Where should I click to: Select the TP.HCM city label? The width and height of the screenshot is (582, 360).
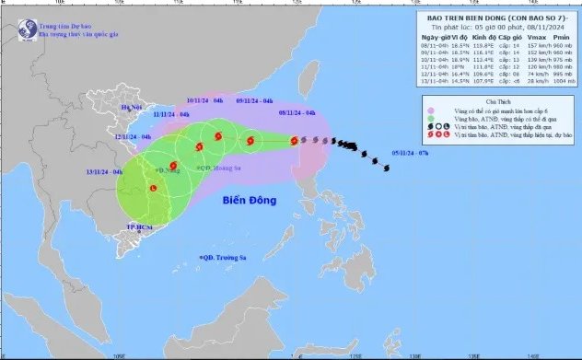click(138, 226)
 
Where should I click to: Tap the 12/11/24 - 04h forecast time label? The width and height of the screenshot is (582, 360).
click(133, 136)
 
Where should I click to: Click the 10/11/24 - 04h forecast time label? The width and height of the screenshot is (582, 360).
click(204, 99)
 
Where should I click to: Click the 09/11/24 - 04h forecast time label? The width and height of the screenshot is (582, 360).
click(254, 99)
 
